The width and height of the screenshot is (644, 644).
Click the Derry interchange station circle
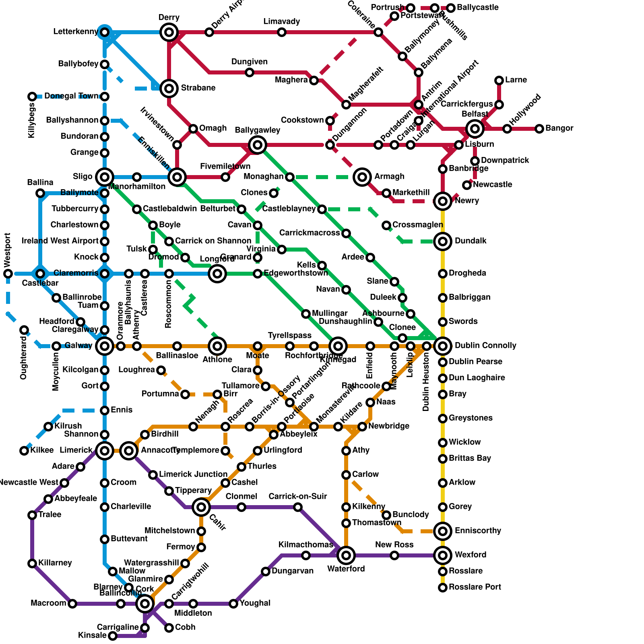[169, 32]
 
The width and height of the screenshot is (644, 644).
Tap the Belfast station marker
[475, 129]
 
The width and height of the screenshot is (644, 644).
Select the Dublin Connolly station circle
[443, 346]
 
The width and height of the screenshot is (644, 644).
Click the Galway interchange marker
[105, 346]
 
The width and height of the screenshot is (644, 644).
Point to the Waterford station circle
[346, 555]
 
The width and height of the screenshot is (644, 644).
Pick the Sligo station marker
[105, 177]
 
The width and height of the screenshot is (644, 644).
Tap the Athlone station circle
[217, 346]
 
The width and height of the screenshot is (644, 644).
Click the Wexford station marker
[443, 555]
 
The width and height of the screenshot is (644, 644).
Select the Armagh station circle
[362, 177]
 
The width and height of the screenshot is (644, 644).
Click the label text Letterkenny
[76, 32]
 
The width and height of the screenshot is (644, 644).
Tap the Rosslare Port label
[475, 587]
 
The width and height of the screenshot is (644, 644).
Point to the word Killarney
[55, 563]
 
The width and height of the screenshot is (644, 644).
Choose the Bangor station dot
[539, 129]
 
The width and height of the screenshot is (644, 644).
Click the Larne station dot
[499, 80]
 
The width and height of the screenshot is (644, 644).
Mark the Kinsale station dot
[113, 636]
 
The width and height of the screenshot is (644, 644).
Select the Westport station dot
[8, 274]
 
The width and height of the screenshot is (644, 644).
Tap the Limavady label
[282, 22]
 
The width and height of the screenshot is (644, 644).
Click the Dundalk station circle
[443, 242]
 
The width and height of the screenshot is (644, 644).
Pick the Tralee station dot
[32, 515]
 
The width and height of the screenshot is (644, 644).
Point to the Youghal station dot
[233, 604]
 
